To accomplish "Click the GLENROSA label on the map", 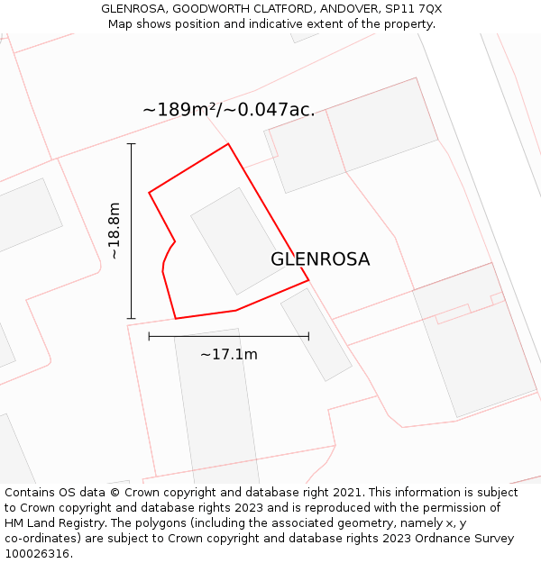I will tap(320, 259).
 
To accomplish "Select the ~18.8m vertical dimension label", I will tap(115, 231).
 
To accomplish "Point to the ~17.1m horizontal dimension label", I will tap(229, 355).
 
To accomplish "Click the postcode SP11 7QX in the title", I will tap(412, 9).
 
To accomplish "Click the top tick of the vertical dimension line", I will tap(132, 143).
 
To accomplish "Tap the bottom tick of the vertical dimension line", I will tap(132, 318).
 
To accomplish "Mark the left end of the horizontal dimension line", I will tap(149, 336).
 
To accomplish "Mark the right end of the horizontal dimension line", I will tap(308, 336).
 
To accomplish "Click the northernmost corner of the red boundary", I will tap(228, 144).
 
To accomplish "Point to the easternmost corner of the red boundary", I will tap(308, 280).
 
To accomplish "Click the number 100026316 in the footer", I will tap(36, 554).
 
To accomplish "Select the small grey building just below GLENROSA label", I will tap(316, 334).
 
